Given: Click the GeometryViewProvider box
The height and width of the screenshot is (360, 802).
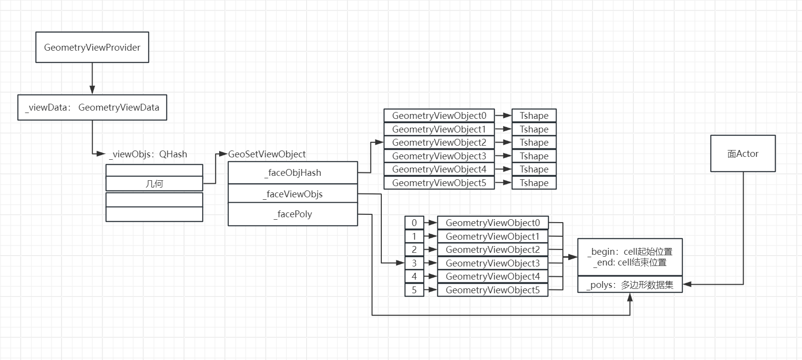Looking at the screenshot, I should pyautogui.click(x=92, y=47).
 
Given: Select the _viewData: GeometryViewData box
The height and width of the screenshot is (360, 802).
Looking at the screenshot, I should pyautogui.click(x=92, y=107).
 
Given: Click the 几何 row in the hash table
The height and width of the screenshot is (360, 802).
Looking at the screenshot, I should pyautogui.click(x=154, y=184).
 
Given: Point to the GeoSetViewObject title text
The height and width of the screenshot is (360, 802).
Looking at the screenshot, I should pyautogui.click(x=267, y=154).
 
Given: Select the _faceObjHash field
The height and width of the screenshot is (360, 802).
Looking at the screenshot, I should pyautogui.click(x=293, y=172).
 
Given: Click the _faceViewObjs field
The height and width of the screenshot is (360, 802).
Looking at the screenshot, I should pyautogui.click(x=293, y=194).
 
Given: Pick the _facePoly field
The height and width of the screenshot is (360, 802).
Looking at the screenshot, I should pyautogui.click(x=293, y=214).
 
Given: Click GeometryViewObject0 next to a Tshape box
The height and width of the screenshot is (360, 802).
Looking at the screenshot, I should pyautogui.click(x=439, y=115).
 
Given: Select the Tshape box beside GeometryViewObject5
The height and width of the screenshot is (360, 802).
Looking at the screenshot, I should pyautogui.click(x=534, y=183).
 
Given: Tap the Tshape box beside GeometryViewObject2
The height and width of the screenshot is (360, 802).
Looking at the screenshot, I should pyautogui.click(x=534, y=142).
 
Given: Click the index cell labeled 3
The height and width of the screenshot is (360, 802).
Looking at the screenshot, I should pyautogui.click(x=414, y=263).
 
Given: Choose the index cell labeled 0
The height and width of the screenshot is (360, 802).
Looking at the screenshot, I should pyautogui.click(x=414, y=223).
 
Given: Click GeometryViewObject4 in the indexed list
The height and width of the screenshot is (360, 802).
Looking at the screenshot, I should pyautogui.click(x=492, y=276).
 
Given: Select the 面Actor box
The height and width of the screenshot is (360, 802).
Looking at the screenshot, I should pyautogui.click(x=743, y=153).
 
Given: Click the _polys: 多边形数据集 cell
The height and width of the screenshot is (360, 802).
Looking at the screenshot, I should pyautogui.click(x=630, y=284).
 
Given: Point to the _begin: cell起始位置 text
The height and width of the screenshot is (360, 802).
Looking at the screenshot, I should pyautogui.click(x=630, y=251).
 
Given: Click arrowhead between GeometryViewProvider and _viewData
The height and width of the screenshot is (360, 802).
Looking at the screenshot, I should pyautogui.click(x=92, y=90).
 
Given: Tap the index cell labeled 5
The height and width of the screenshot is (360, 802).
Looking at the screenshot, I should pyautogui.click(x=414, y=290).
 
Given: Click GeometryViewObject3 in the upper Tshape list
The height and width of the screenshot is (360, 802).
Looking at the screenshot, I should pyautogui.click(x=439, y=156).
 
